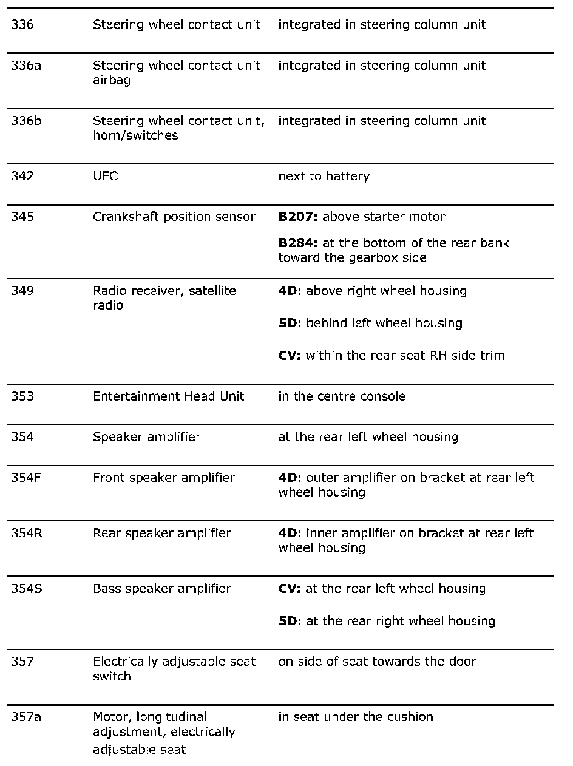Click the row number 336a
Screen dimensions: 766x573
[x=26, y=66]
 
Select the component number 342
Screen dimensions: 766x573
[x=21, y=177]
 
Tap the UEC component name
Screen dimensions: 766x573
[x=106, y=177]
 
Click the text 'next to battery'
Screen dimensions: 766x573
[x=324, y=177]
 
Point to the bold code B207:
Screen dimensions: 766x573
[x=298, y=217]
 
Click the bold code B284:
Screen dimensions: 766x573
[x=298, y=243]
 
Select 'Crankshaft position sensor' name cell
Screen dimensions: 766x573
[x=174, y=217]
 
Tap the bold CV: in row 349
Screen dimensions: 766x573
[x=290, y=356]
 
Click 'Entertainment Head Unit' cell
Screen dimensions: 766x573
[x=168, y=396]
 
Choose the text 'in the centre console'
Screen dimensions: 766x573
[x=341, y=396]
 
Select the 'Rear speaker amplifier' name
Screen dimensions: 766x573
[x=161, y=533]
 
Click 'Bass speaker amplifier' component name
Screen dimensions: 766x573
[x=161, y=589]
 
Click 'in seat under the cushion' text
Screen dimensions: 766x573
[x=356, y=717]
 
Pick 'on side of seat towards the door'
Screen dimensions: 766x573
[x=377, y=662]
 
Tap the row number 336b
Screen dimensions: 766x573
[x=26, y=121]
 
